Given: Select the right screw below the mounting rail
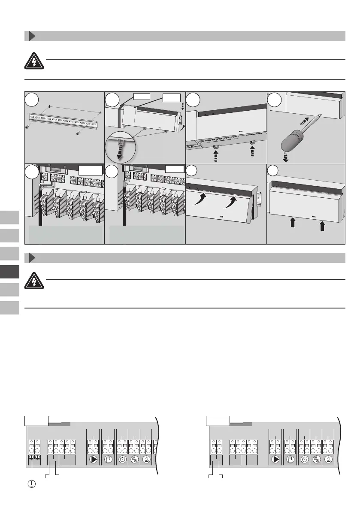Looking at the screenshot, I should pyautogui.click(x=77, y=133).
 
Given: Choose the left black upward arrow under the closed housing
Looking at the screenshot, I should pyautogui.click(x=293, y=223).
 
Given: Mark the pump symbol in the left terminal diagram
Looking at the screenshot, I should pyautogui.click(x=93, y=458).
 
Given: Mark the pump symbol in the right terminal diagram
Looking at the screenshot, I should pyautogui.click(x=275, y=458).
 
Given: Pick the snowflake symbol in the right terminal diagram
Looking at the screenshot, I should pyautogui.click(x=316, y=458).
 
